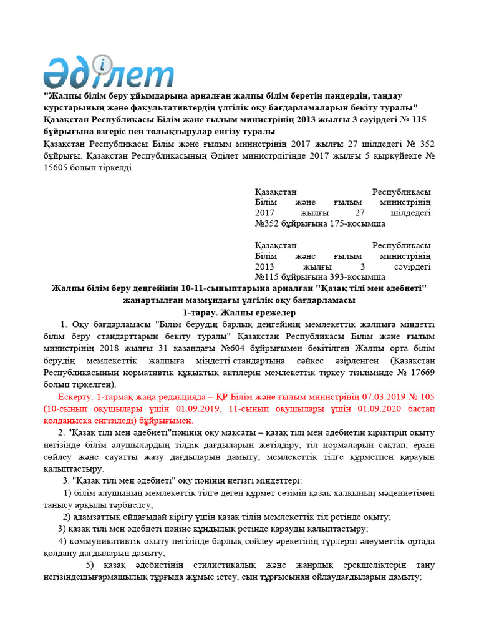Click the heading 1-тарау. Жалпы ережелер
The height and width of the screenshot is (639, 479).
point(239,311)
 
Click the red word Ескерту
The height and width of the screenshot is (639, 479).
point(76,396)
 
